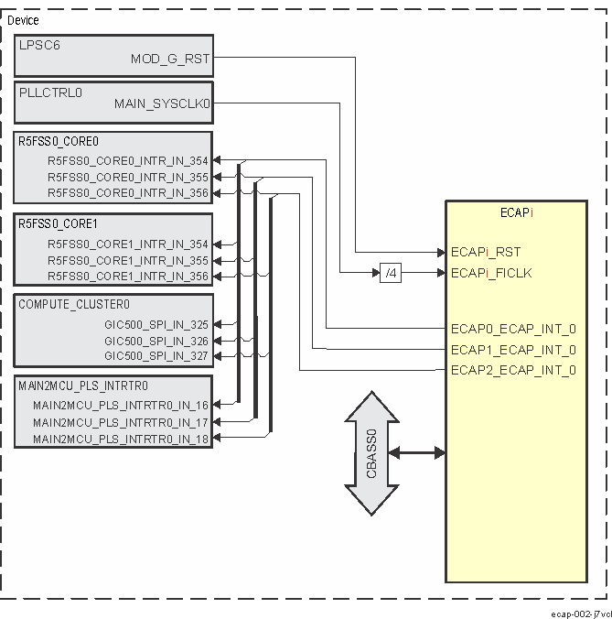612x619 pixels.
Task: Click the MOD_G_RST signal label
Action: (x=170, y=59)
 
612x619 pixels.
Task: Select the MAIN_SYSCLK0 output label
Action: (x=162, y=104)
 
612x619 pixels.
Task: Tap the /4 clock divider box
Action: (x=390, y=272)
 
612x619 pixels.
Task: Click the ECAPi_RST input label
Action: (x=486, y=252)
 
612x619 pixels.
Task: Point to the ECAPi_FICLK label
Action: (x=491, y=273)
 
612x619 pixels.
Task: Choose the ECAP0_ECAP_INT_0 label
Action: (x=513, y=329)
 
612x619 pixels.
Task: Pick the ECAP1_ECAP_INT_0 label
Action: (x=513, y=350)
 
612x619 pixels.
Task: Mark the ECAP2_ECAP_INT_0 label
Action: (x=513, y=370)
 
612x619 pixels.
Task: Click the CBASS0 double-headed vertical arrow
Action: (x=372, y=453)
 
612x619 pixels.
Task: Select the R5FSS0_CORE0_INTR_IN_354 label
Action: (x=127, y=161)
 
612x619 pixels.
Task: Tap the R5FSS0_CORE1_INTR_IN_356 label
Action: (x=127, y=277)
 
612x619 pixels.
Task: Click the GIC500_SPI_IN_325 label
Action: (x=156, y=325)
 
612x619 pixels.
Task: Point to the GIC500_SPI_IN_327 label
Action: (x=156, y=356)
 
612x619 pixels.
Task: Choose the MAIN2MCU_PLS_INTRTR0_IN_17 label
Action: (x=121, y=422)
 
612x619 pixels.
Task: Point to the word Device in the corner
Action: (x=23, y=20)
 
